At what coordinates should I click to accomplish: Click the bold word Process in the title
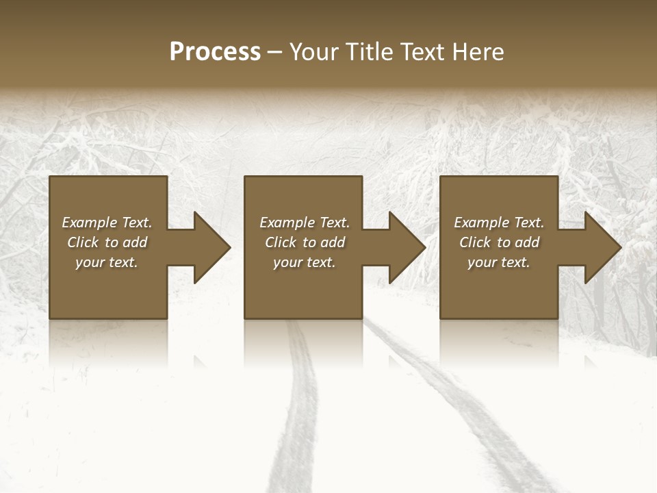coord(215,52)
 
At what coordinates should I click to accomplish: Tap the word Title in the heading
coord(370,52)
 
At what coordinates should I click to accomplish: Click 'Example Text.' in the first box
coord(107,223)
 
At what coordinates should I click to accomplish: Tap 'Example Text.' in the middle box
coord(305,223)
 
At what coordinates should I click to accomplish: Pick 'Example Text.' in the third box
coord(499,223)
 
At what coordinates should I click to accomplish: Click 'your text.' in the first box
coord(107,262)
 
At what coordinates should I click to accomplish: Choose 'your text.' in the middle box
coord(305,262)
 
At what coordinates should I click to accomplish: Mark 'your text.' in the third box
coord(499,262)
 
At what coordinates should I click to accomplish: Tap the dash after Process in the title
coord(275,52)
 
